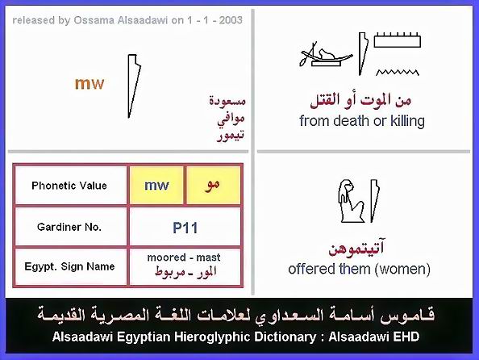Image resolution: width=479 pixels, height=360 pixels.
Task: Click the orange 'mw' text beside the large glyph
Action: (x=90, y=83)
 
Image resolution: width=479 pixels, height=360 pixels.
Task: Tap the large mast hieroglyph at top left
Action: (x=134, y=86)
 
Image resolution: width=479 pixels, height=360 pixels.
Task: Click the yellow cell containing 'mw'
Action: (x=156, y=186)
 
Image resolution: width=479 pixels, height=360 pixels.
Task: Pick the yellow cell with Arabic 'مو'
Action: (x=213, y=186)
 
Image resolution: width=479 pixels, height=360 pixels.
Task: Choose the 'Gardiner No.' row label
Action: (x=69, y=227)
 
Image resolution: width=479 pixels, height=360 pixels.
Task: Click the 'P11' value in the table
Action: (x=185, y=228)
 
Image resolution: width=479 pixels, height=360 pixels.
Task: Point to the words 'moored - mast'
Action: (x=184, y=257)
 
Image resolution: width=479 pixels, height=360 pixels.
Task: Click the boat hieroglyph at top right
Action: (x=325, y=56)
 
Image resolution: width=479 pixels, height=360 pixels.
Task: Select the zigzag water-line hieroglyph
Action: (x=397, y=72)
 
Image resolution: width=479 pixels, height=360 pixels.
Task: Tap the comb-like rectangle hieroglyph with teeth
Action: (x=397, y=40)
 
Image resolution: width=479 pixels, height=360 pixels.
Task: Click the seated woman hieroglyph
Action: (x=352, y=201)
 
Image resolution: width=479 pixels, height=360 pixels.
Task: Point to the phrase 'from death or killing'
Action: (x=362, y=121)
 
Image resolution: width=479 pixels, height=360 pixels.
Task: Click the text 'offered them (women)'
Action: (x=360, y=269)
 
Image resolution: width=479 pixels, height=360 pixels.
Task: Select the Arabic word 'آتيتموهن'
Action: (x=356, y=249)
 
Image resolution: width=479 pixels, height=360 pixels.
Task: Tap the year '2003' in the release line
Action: (x=231, y=20)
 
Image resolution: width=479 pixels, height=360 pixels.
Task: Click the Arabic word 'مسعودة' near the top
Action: (x=227, y=101)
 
